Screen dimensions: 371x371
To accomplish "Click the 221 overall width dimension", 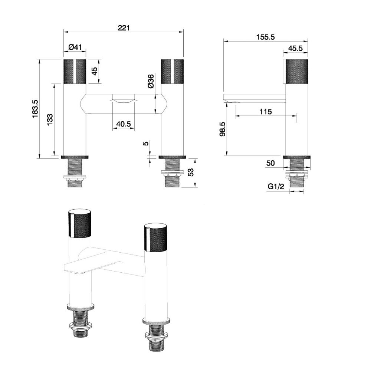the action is (124, 28).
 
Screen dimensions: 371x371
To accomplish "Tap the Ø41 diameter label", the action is (75, 47).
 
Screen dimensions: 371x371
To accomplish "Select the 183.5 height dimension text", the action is (35, 109).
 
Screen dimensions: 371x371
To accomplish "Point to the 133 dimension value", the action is (50, 120).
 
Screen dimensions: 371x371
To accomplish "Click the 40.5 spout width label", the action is (124, 124).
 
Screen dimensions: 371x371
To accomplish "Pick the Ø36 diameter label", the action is (151, 81).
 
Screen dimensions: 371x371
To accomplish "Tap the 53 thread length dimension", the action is (190, 172).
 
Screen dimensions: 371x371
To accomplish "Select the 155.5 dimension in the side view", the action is (266, 37).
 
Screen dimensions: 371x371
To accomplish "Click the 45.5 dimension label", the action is (296, 48).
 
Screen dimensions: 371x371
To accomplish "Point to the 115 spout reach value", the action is (266, 112).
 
